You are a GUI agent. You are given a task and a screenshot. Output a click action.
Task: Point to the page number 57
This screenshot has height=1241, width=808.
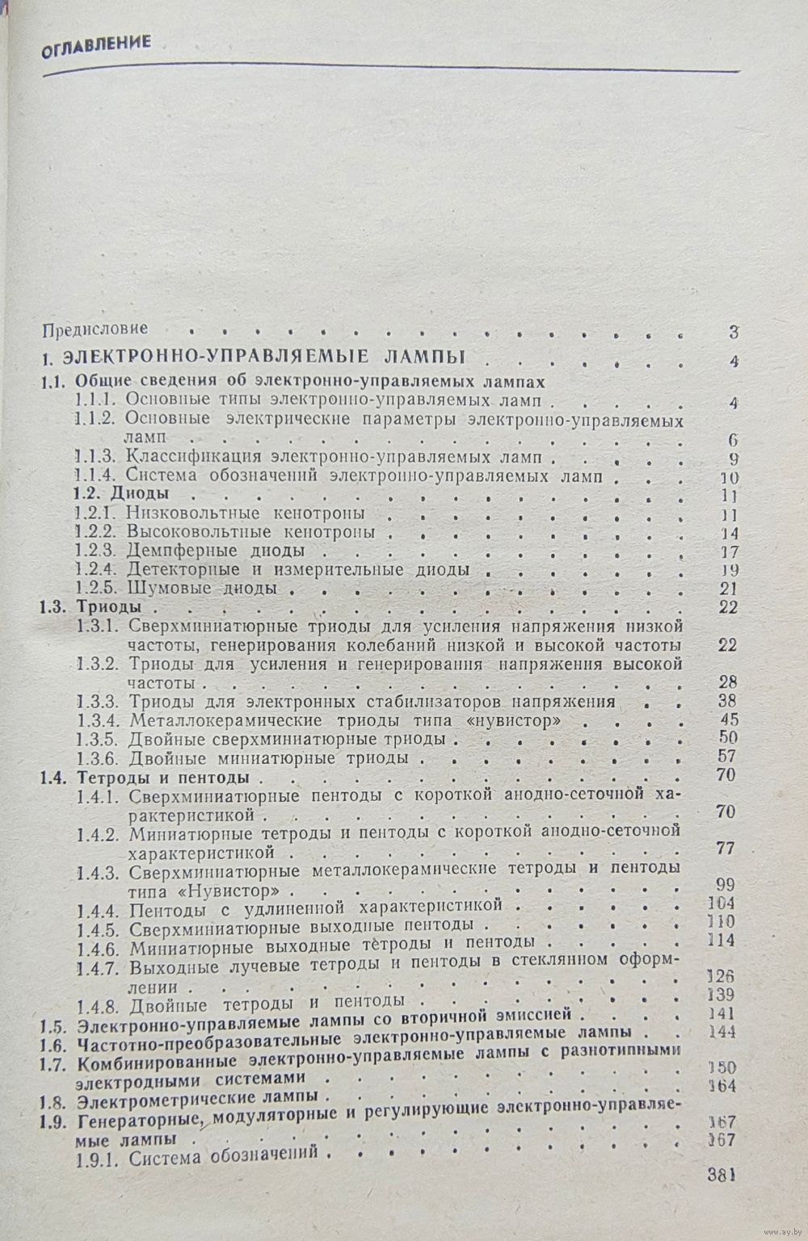730,758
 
